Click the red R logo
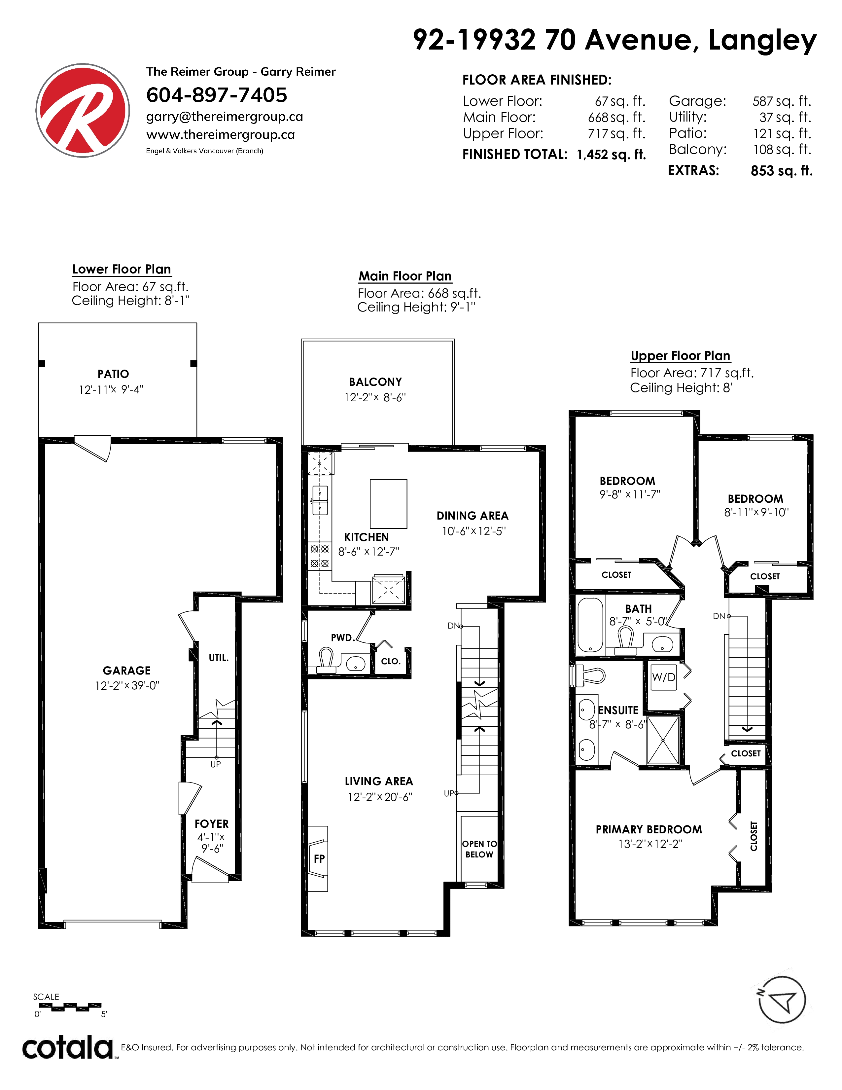click(x=83, y=110)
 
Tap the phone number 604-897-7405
click(x=217, y=95)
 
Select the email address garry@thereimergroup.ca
click(x=225, y=117)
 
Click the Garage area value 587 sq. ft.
click(x=782, y=101)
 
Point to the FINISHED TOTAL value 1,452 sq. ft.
click(x=611, y=155)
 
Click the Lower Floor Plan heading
click(x=122, y=270)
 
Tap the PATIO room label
click(x=113, y=374)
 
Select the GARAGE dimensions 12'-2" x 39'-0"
click(x=127, y=685)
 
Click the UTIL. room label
click(x=219, y=658)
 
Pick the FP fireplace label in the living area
click(x=319, y=858)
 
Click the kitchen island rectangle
click(x=389, y=504)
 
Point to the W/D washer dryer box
click(x=663, y=677)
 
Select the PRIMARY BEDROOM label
click(x=649, y=829)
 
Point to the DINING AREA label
click(x=473, y=516)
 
